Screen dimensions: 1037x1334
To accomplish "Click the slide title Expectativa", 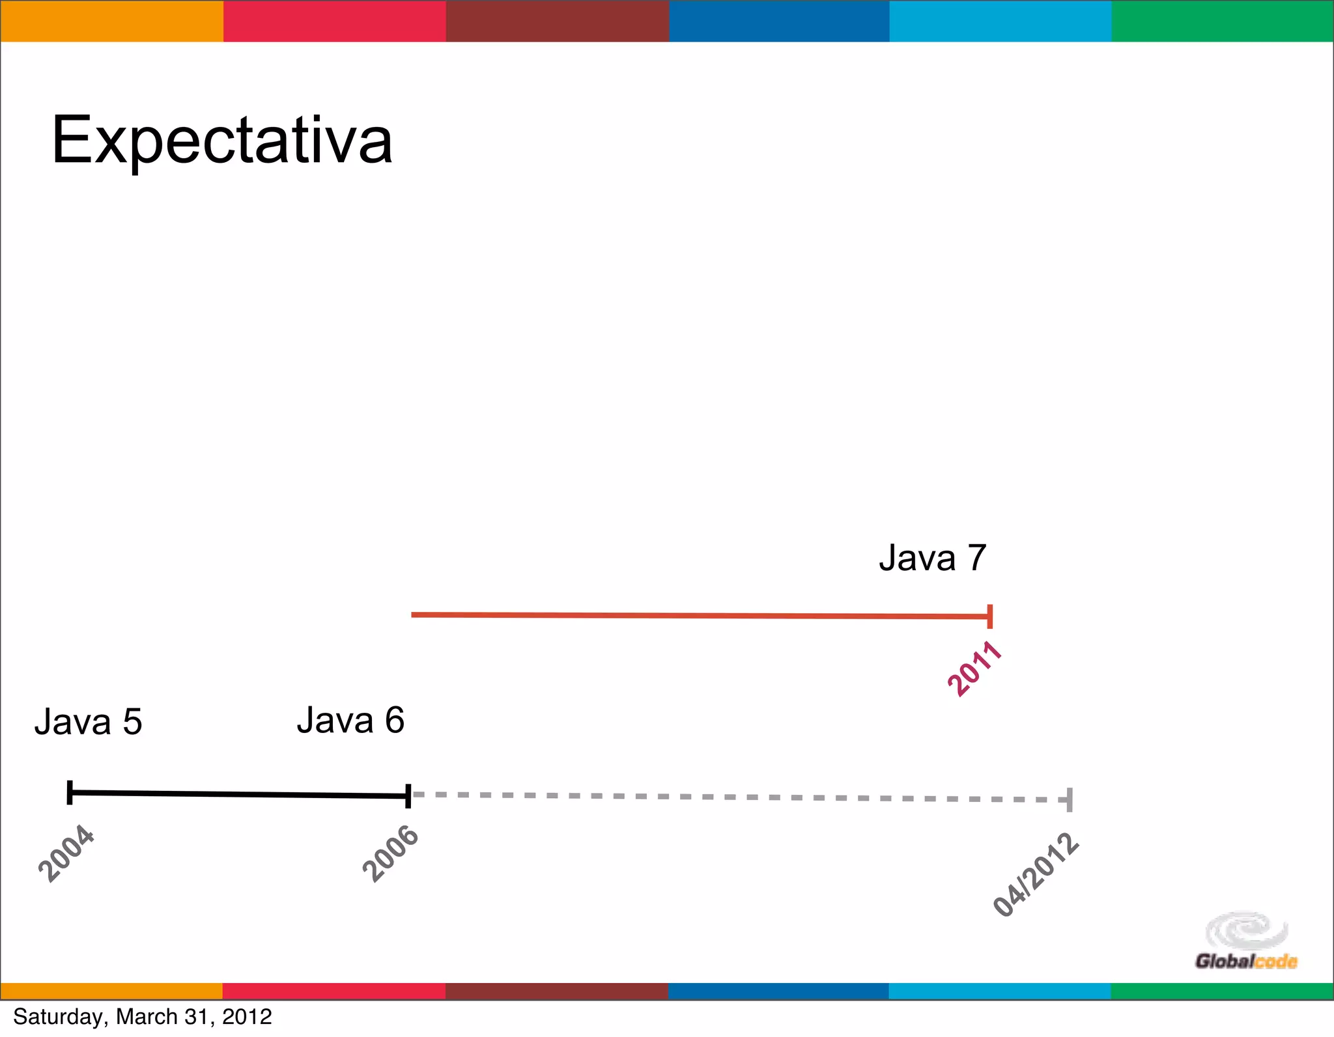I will pyautogui.click(x=221, y=141).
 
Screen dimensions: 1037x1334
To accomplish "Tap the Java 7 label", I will pyautogui.click(x=932, y=558).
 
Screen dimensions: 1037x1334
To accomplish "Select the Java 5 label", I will pyautogui.click(x=88, y=721).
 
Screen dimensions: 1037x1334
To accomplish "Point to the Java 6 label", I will pyautogui.click(x=350, y=720).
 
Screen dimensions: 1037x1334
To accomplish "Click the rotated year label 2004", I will pyautogui.click(x=66, y=853).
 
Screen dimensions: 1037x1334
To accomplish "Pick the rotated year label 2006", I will pyautogui.click(x=390, y=853).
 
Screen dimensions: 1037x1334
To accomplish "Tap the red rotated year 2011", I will pyautogui.click(x=974, y=668).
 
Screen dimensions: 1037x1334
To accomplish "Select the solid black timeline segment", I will pyautogui.click(x=238, y=794).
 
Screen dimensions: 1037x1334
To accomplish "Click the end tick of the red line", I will pyautogui.click(x=990, y=616).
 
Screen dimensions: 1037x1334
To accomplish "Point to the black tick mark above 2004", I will pyautogui.click(x=70, y=792).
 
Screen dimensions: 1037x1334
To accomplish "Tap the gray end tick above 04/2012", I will pyautogui.click(x=1070, y=799).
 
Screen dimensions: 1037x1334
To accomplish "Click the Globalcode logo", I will pyautogui.click(x=1246, y=941).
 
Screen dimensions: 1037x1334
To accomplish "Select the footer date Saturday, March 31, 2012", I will pyautogui.click(x=142, y=1016).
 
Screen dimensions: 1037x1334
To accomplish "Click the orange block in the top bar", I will pyautogui.click(x=111, y=21).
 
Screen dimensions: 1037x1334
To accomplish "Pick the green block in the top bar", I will pyautogui.click(x=1222, y=21).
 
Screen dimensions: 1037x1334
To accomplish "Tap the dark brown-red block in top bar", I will pyautogui.click(x=557, y=21).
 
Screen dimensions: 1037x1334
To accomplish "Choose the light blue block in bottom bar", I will pyautogui.click(x=999, y=991).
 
